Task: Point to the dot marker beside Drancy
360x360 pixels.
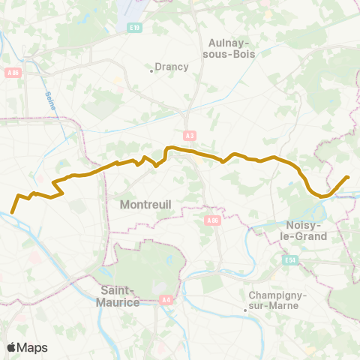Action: click(151, 71)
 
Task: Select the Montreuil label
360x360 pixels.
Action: click(145, 204)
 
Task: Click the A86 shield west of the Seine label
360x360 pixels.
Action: click(13, 73)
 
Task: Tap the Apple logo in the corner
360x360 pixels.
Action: click(12, 347)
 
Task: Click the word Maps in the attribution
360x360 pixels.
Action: click(33, 347)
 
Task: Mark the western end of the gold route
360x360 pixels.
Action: click(12, 212)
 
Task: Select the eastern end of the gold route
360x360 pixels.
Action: click(347, 178)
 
